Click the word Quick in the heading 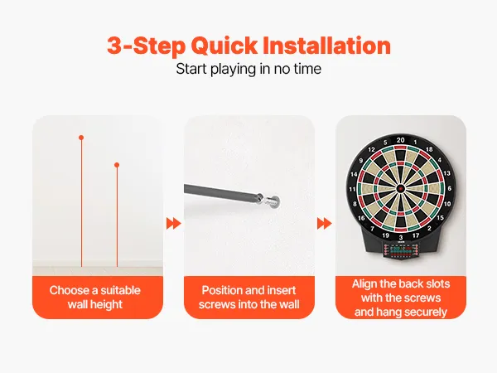pos(224,46)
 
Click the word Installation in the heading pos(327,46)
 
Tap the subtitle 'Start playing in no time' pos(248,69)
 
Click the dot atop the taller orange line pos(81,138)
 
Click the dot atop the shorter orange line pos(117,165)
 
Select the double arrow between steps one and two pos(174,224)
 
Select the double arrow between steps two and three pos(324,223)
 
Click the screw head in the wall pos(273,201)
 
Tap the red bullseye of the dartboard pos(401,188)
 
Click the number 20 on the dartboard pos(401,140)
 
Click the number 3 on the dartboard pos(401,237)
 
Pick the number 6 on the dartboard pos(450,188)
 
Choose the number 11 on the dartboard pos(352,189)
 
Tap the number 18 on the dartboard pos(429,148)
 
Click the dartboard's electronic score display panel pos(401,250)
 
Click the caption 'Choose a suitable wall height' pos(95,298)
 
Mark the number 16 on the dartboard pos(361,218)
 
